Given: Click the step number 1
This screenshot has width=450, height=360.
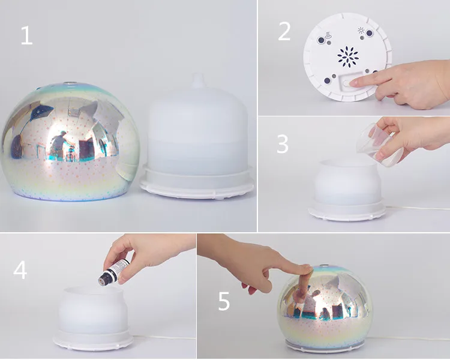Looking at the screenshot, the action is [x=27, y=35].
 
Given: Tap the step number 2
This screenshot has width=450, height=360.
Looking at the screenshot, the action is [x=284, y=32].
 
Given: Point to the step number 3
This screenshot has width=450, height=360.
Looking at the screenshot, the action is [x=283, y=144].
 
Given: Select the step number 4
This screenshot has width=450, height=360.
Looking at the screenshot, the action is [x=20, y=270].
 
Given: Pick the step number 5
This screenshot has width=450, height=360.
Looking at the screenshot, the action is [x=224, y=301].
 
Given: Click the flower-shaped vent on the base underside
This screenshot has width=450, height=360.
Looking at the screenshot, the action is [x=348, y=56].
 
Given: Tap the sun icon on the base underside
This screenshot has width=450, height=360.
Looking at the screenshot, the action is [x=361, y=31].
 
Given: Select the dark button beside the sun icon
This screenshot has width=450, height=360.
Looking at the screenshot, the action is [x=370, y=34].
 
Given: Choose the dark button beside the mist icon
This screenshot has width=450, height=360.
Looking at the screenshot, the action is [x=320, y=40].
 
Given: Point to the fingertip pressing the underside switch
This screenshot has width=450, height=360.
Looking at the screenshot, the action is [x=354, y=83].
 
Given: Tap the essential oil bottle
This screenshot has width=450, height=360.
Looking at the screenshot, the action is [x=114, y=272].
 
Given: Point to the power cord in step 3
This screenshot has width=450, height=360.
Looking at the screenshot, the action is [x=417, y=208].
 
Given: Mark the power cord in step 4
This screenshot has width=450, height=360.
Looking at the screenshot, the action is [x=163, y=337].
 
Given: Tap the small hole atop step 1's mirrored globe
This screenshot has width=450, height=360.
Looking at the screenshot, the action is [x=70, y=83].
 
